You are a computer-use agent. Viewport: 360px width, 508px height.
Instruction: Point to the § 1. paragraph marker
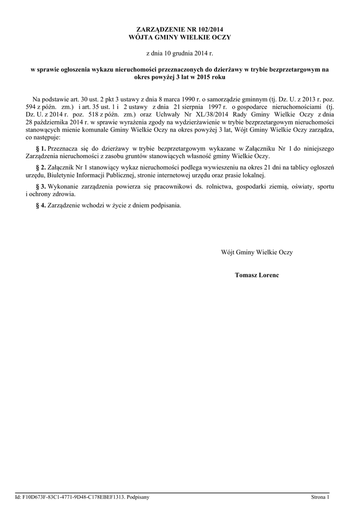point(41,148)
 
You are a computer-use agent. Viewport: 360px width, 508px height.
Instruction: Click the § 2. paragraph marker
point(41,168)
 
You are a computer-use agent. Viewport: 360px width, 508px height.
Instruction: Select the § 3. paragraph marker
point(41,187)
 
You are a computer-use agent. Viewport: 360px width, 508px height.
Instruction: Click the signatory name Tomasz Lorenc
point(257,275)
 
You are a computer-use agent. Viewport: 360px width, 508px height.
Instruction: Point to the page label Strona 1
point(320,497)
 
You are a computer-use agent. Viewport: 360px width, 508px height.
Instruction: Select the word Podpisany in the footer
point(138,497)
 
